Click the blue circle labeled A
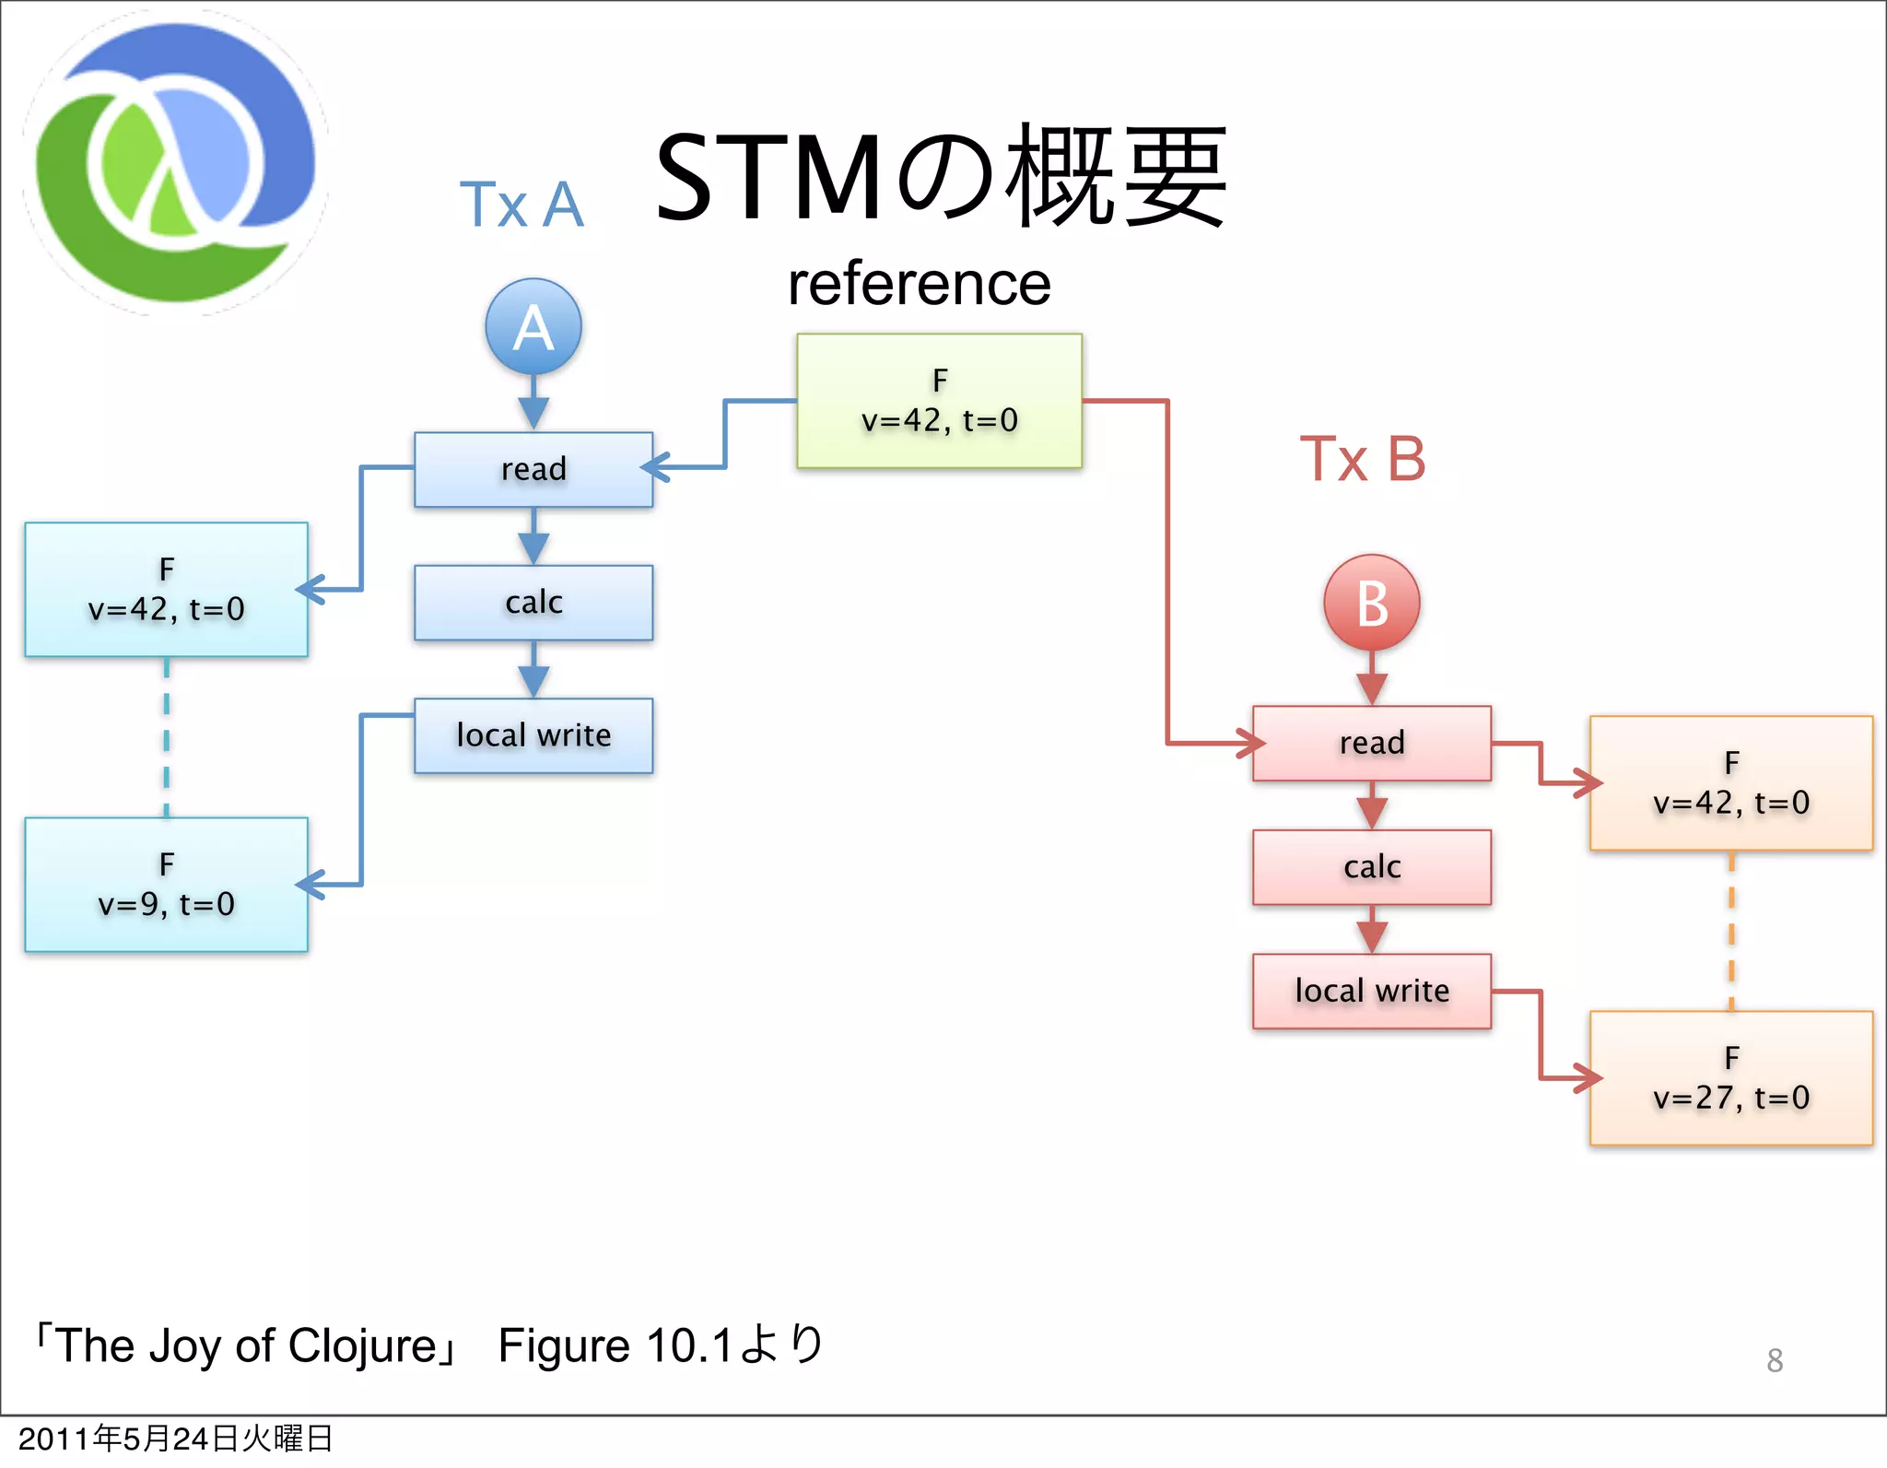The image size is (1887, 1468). tap(533, 327)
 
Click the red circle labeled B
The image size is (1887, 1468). tap(1372, 604)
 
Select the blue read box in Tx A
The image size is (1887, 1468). tap(533, 469)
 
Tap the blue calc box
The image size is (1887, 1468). tap(533, 603)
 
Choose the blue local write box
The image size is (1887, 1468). tap(533, 735)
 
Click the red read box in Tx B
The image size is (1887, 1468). tap(1372, 743)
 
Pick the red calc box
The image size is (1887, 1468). tap(1372, 867)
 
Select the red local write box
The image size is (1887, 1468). tap(1372, 991)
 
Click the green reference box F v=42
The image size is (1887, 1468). tap(939, 401)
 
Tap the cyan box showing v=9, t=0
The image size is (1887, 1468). tap(167, 885)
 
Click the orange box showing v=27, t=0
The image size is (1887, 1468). tap(1731, 1078)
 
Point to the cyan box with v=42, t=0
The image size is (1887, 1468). tap(167, 590)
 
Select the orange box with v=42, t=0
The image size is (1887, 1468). tap(1731, 783)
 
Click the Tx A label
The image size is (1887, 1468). tap(522, 205)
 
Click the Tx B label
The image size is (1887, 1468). tap(1363, 459)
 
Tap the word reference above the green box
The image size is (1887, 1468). tap(920, 284)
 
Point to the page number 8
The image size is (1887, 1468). tap(1775, 1360)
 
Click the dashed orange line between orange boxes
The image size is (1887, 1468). tap(1731, 931)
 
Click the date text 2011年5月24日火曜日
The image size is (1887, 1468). tap(175, 1439)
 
